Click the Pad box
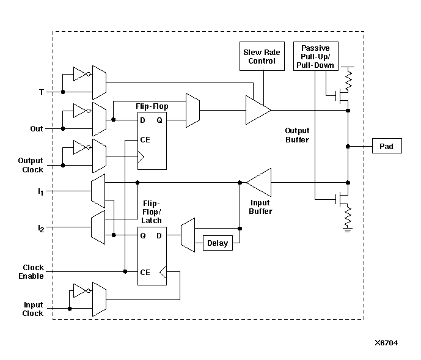[387, 147]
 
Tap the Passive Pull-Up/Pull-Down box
[315, 56]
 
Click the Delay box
[217, 243]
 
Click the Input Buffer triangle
[258, 182]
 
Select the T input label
[41, 92]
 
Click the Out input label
[37, 129]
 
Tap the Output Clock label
[31, 165]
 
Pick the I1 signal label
[40, 192]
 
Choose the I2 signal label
[40, 229]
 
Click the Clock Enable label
[33, 272]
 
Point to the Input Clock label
[33, 309]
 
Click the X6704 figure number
[386, 343]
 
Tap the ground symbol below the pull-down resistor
[348, 230]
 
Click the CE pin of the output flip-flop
[145, 139]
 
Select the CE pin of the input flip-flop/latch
[145, 272]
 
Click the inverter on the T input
[80, 75]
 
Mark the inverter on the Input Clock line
[80, 291]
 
